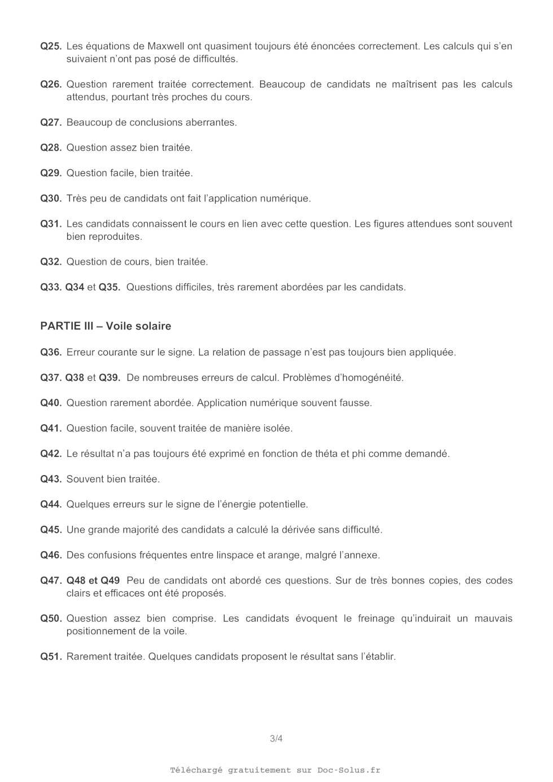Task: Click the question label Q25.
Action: (51, 46)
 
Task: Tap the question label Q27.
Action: (51, 122)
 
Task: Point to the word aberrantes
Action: (210, 122)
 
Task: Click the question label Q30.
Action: (51, 199)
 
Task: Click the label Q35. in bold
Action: (109, 287)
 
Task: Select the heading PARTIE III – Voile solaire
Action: (106, 326)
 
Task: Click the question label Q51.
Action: (51, 657)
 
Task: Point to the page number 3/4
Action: (276, 739)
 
